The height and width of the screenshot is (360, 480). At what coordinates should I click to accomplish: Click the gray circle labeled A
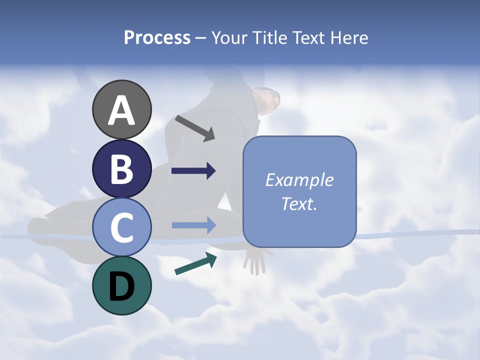(x=122, y=109)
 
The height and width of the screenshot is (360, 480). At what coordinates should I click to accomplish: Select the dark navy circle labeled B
(x=122, y=168)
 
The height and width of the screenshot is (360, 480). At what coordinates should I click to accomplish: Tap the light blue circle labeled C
(x=122, y=227)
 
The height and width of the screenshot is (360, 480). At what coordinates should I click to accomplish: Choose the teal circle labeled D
(x=122, y=285)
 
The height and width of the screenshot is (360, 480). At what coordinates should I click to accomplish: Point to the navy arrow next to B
(x=193, y=171)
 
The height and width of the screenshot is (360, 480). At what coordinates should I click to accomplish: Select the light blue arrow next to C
(x=193, y=225)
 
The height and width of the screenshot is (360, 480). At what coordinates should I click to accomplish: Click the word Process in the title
(x=157, y=38)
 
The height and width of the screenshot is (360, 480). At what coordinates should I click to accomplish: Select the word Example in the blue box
(x=299, y=180)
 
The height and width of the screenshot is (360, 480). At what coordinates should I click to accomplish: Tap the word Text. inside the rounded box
(x=299, y=203)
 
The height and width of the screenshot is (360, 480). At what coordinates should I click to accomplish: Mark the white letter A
(x=122, y=110)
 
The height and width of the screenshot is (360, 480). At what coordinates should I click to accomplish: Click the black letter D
(x=122, y=286)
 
